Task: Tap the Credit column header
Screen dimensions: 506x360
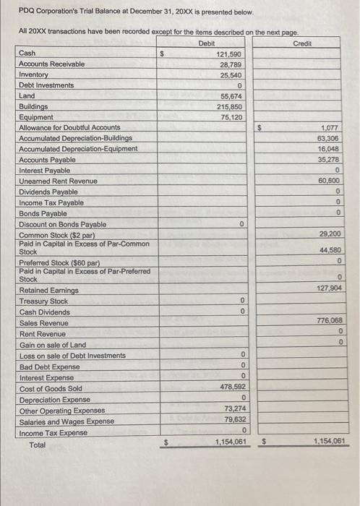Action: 302,44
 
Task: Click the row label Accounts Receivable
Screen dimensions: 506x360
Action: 51,64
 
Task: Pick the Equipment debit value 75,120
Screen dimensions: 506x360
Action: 233,117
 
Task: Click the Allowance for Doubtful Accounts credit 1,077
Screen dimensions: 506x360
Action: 329,128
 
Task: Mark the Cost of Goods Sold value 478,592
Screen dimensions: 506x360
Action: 231,388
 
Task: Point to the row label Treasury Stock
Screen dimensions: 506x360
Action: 43,301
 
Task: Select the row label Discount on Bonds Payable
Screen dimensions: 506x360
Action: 62,225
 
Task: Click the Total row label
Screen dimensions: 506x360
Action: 37,445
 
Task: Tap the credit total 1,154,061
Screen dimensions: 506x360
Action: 327,440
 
